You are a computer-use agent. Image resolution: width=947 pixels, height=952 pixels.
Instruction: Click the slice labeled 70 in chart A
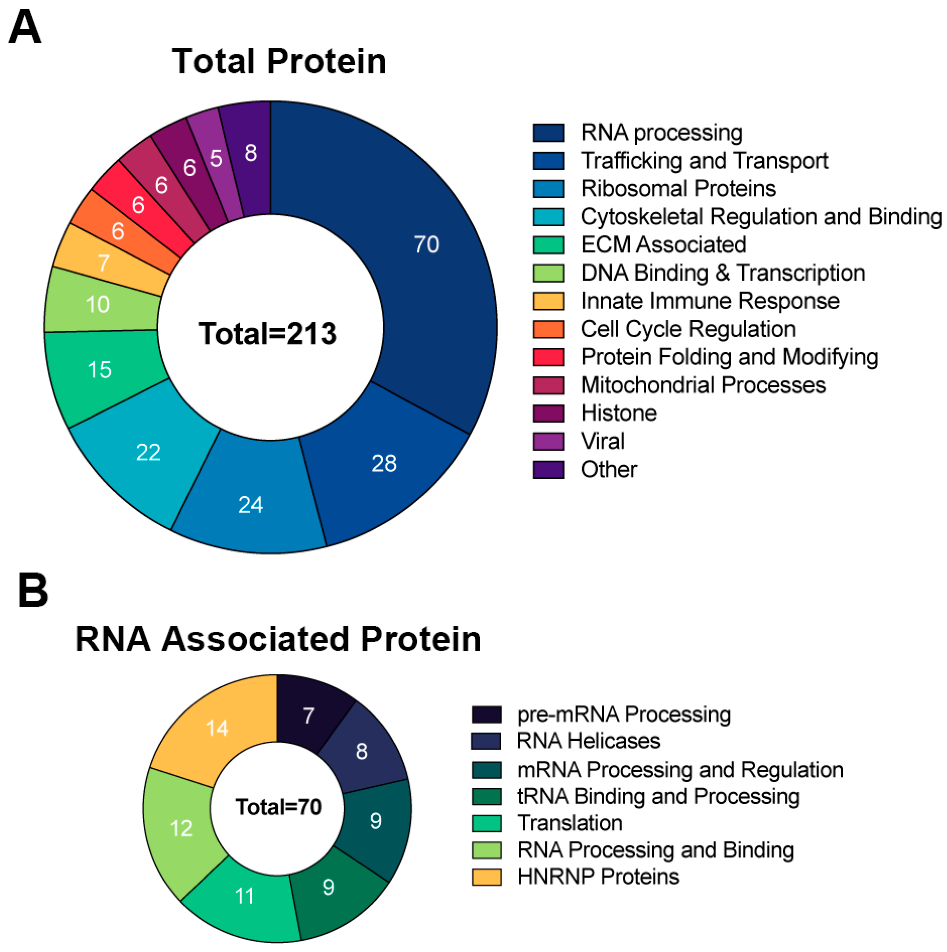[426, 245]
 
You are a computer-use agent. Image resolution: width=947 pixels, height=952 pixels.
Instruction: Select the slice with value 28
[384, 463]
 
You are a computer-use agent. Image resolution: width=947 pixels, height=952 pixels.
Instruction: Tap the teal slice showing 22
[148, 452]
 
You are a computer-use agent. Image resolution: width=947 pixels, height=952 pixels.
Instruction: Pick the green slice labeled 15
[99, 370]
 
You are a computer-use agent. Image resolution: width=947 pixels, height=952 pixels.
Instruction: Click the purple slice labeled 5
[216, 159]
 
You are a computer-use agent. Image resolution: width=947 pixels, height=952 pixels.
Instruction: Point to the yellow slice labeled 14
[217, 728]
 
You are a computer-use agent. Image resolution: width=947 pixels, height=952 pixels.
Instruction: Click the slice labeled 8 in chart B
[362, 752]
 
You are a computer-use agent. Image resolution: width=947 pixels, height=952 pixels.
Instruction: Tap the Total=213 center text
[268, 334]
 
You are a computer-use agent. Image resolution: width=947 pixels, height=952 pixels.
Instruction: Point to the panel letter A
[25, 27]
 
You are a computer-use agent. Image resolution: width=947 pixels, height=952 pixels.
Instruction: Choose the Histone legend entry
[619, 413]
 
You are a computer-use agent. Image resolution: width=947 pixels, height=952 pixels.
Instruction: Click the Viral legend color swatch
[548, 441]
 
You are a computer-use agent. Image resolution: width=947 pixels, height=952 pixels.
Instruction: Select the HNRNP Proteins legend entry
[598, 877]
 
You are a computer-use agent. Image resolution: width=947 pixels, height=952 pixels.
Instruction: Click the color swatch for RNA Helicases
[486, 741]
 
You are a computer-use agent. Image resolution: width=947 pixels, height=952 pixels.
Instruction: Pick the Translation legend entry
[570, 823]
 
